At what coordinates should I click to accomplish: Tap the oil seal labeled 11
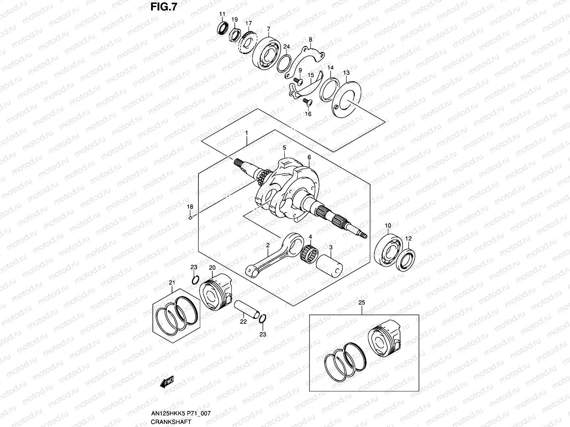pos(223,28)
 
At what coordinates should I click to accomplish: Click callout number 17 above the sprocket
pos(248,23)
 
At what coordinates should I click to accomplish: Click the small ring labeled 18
pos(191,218)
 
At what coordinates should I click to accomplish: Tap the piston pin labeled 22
pos(247,310)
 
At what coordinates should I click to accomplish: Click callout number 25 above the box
pos(362,302)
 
